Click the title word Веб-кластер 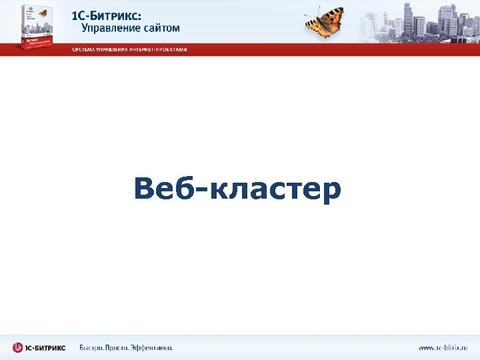(237, 189)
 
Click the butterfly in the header (325, 21)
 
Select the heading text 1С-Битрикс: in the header (116, 16)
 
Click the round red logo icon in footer (18, 347)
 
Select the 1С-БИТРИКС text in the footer (46, 347)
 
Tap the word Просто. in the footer (121, 347)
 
